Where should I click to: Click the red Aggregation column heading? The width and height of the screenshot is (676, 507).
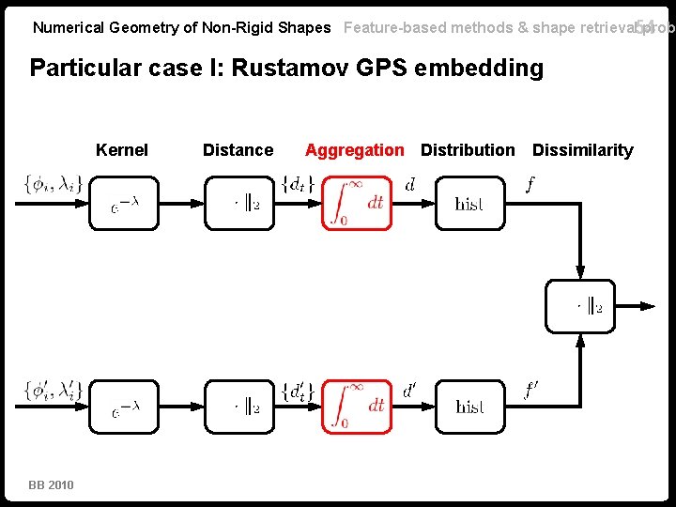click(354, 150)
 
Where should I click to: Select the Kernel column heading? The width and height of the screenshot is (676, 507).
click(122, 150)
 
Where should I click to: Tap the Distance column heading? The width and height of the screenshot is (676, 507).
click(238, 150)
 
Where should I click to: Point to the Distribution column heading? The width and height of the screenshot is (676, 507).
click(468, 150)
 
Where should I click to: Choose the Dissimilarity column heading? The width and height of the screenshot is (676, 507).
click(582, 150)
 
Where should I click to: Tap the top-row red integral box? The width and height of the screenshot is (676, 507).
click(357, 203)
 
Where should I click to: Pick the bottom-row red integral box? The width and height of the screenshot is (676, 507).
click(357, 407)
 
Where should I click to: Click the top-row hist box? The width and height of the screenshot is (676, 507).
click(469, 203)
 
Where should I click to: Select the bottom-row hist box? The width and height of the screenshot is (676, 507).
click(469, 407)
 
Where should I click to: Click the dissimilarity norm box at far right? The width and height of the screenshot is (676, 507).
click(581, 305)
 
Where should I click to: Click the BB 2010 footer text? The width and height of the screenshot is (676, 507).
click(51, 484)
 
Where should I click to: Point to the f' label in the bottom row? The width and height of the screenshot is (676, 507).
click(532, 387)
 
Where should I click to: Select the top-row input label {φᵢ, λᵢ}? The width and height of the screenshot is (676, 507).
click(52, 185)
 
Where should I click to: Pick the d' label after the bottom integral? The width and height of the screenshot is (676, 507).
click(410, 389)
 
